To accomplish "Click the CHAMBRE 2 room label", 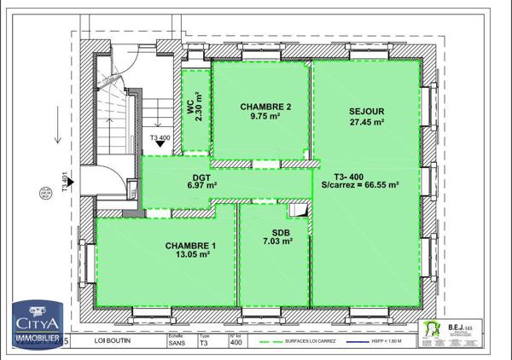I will tap(265, 107).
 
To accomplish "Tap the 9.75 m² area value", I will tap(265, 117).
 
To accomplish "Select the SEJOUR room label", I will tap(367, 111).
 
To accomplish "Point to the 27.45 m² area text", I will tap(367, 122).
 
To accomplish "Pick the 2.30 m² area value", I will tap(199, 107).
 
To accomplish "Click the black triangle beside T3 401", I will tap(73, 181).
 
